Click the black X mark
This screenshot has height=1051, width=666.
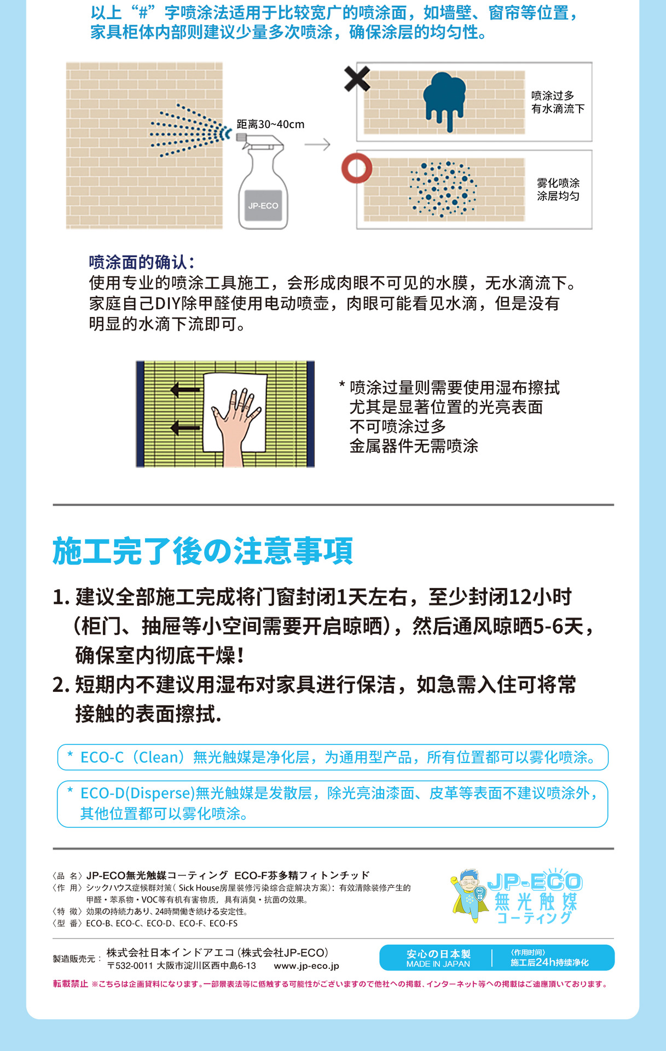(357, 78)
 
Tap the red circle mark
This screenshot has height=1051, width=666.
(357, 169)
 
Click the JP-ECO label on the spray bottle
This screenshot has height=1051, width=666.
(263, 206)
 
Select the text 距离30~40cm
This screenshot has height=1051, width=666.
(270, 124)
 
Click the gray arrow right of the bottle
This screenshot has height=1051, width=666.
(317, 145)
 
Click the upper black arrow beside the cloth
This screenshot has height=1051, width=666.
(185, 390)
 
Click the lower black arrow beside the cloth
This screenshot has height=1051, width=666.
(185, 427)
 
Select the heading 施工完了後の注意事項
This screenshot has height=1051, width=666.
(202, 551)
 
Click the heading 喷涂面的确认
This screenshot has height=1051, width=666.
(141, 262)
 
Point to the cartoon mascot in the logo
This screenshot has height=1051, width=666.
(469, 896)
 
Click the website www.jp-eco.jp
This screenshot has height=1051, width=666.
(306, 966)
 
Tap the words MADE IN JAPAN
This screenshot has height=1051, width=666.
(438, 964)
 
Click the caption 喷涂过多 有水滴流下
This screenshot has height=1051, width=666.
(558, 102)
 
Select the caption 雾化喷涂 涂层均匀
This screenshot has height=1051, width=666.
(558, 189)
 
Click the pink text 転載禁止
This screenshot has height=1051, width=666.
(70, 984)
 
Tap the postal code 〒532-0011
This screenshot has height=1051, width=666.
(130, 966)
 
